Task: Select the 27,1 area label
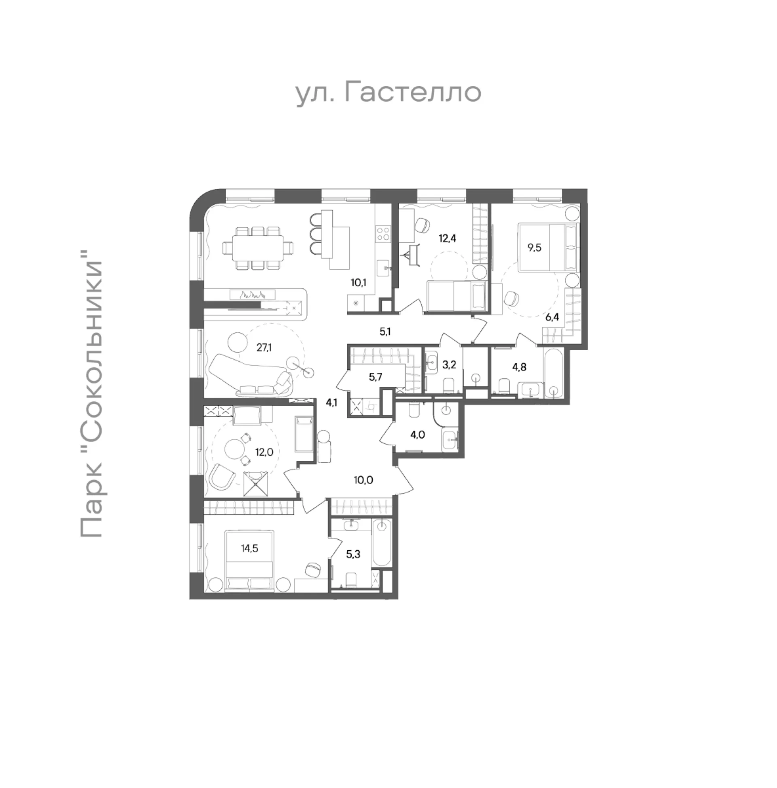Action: tap(264, 347)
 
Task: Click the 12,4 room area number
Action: tap(447, 239)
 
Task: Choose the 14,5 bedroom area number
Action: tap(249, 549)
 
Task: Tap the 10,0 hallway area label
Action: tap(363, 480)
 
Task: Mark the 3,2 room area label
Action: tap(449, 364)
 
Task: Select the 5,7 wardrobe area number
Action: tap(376, 377)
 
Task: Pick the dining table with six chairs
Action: tap(258, 248)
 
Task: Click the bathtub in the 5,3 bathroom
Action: tap(382, 542)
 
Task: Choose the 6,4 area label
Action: tap(552, 318)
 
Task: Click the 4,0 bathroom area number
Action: tap(418, 435)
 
